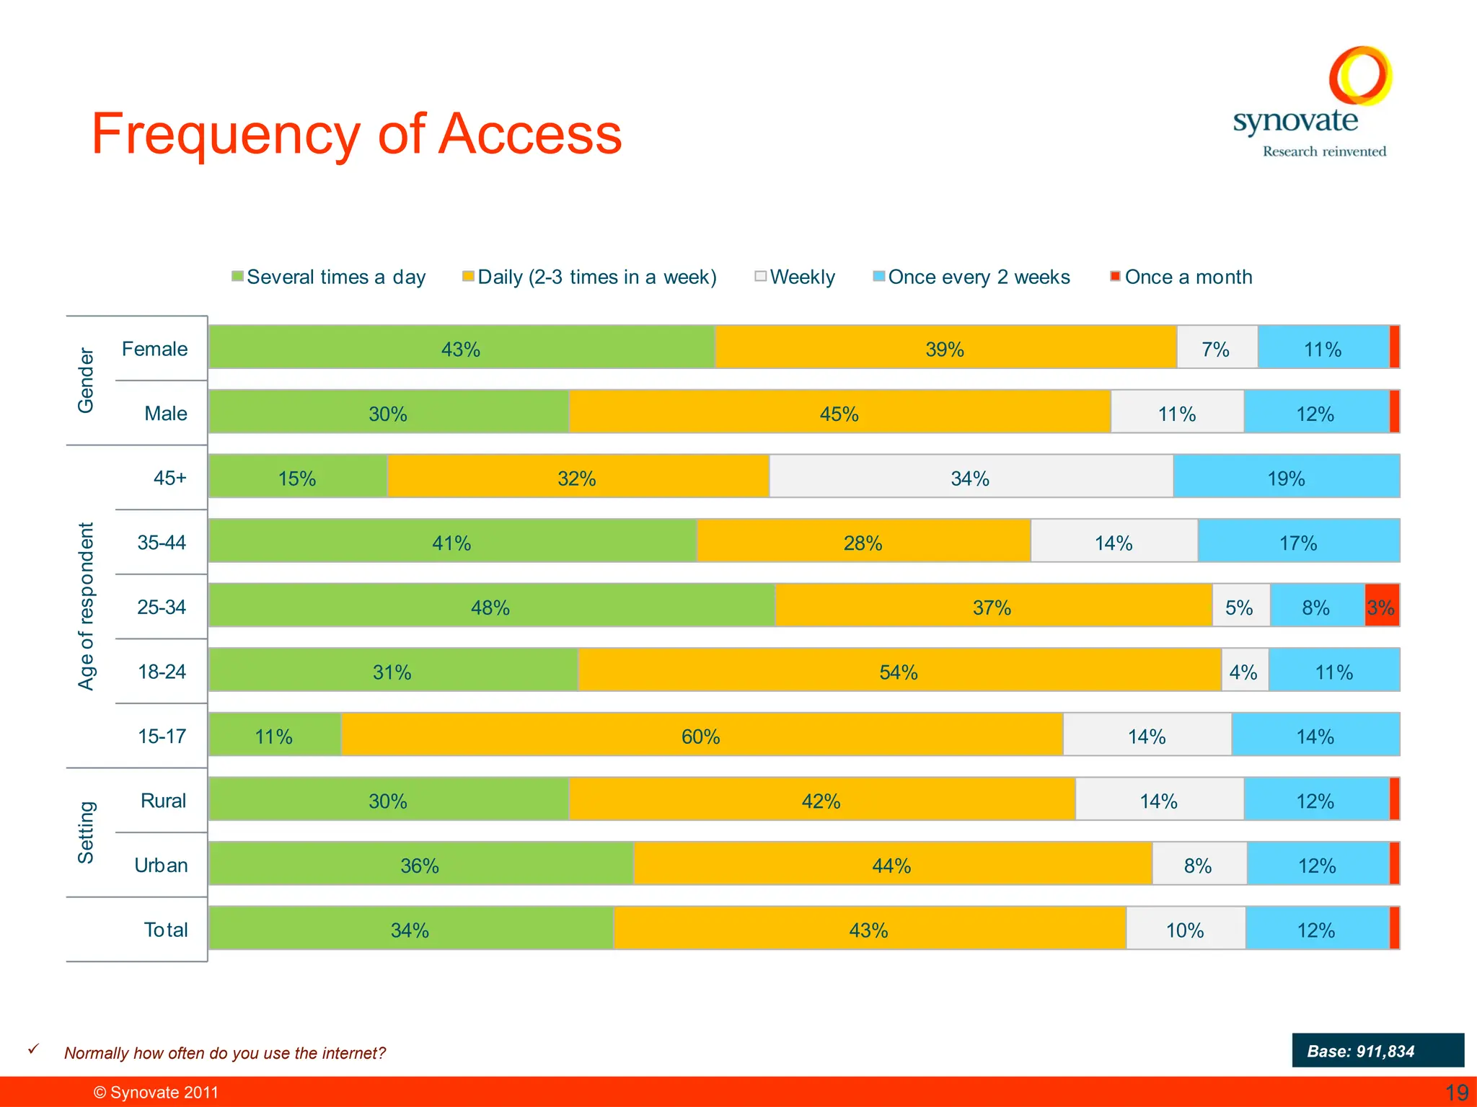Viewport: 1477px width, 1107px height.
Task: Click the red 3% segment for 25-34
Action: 1381,607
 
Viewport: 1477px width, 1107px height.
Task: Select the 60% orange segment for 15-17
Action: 701,736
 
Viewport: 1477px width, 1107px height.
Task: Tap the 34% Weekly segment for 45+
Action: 970,478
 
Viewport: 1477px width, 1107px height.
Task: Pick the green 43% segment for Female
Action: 461,349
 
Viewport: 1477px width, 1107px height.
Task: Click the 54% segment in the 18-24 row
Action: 899,672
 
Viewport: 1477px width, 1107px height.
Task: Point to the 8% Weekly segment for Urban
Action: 1199,865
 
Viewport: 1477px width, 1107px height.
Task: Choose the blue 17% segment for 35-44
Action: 1298,542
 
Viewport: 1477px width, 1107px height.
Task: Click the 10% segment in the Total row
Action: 1185,930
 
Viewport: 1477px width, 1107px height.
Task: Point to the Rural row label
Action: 163,801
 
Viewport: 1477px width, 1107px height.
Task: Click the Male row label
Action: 165,413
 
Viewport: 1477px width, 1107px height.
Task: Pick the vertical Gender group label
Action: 86,380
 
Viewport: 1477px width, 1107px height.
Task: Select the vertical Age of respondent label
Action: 86,606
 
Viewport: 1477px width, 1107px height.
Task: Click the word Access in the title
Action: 530,135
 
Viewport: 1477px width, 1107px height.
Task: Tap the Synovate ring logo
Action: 1360,76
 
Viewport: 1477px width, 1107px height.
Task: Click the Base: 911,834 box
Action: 1377,1050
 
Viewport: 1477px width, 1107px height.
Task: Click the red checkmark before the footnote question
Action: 33,1049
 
